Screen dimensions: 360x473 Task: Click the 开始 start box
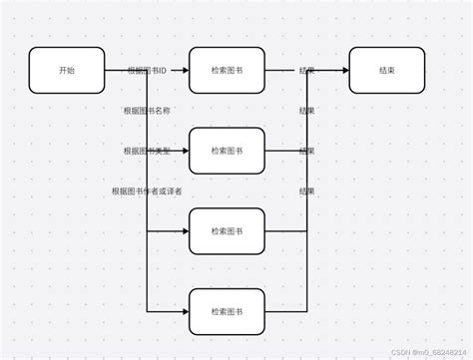coord(67,71)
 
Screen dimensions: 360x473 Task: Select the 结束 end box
coord(386,71)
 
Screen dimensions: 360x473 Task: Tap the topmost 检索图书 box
coord(227,71)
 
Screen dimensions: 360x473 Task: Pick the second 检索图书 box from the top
coord(227,151)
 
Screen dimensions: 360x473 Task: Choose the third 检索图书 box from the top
coord(227,230)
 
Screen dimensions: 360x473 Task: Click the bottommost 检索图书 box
coord(227,311)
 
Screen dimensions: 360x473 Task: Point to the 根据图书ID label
coord(147,72)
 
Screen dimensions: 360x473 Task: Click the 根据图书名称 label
coord(148,111)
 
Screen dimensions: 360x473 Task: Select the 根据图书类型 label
coord(147,151)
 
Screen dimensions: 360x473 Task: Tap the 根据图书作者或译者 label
coord(147,190)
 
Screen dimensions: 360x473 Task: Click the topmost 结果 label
coord(307,72)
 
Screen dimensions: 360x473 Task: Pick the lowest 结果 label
coord(307,190)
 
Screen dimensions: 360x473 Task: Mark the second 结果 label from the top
coord(307,111)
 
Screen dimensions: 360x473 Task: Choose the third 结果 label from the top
coord(307,151)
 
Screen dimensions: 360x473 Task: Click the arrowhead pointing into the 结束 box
coord(344,71)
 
